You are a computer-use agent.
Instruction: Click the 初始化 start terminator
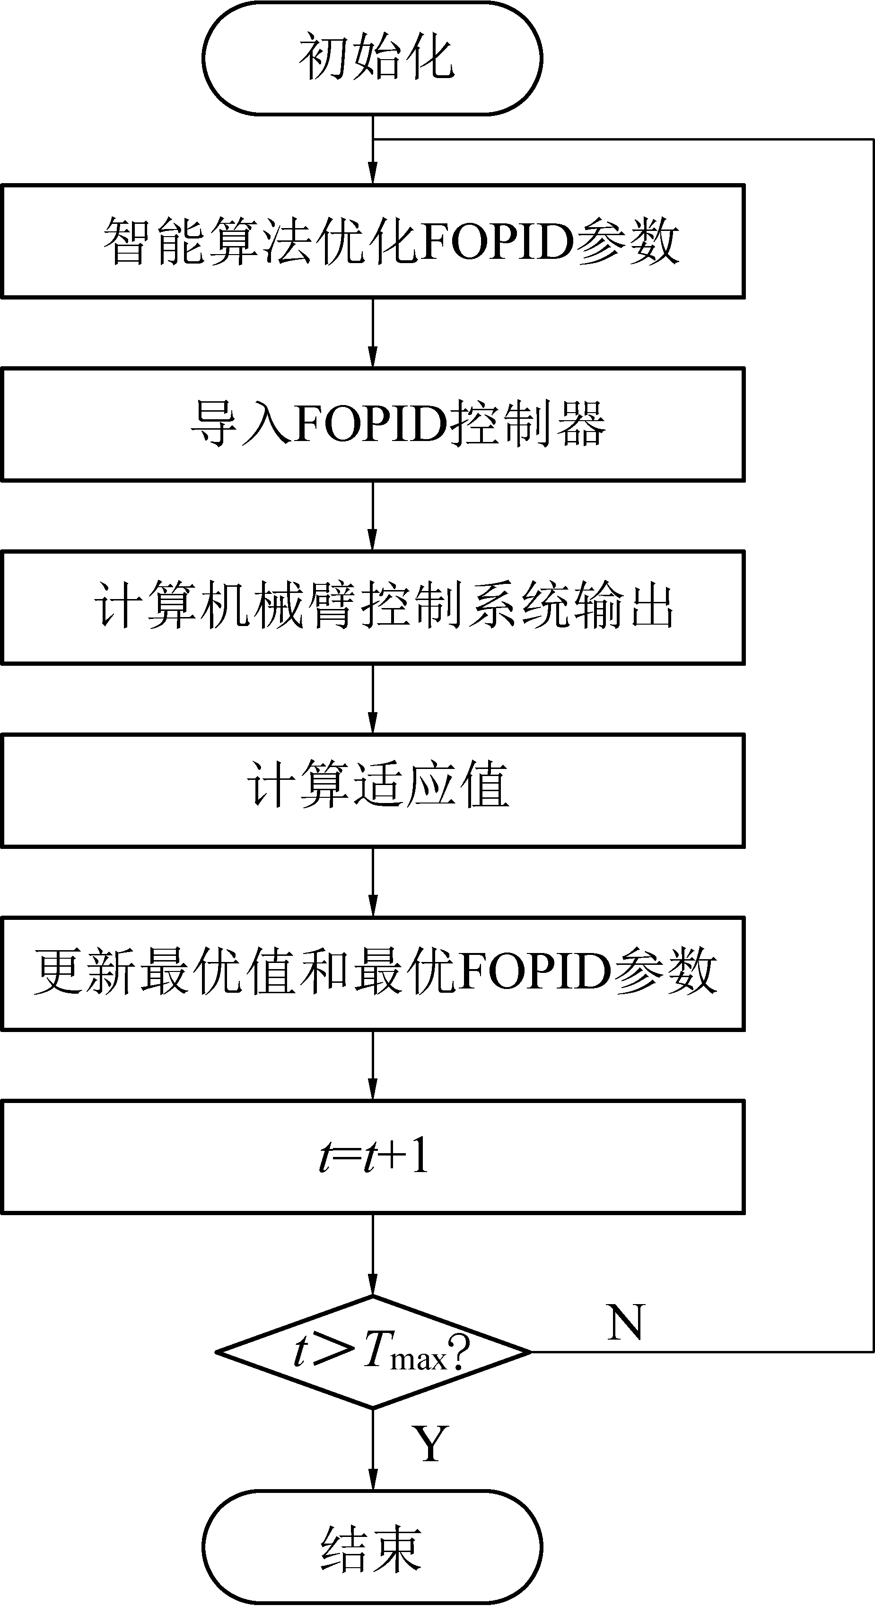coord(372,58)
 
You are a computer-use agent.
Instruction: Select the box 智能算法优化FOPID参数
coord(373,241)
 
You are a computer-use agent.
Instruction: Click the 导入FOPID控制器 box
coord(373,424)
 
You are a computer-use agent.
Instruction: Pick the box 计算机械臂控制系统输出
coord(373,607)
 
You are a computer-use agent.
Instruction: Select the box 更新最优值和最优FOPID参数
coord(373,973)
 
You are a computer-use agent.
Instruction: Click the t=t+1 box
coord(373,1156)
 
